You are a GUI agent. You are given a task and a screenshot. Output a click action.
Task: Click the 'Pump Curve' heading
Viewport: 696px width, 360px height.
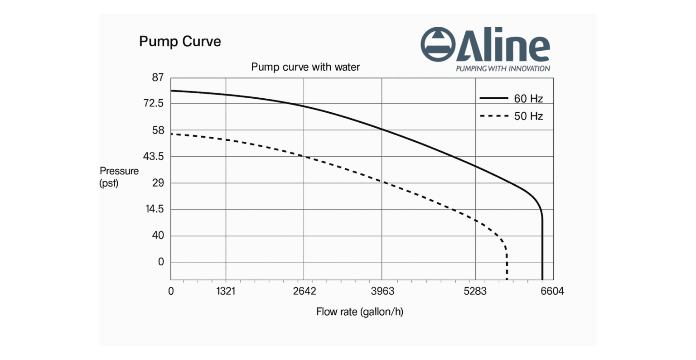tap(180, 42)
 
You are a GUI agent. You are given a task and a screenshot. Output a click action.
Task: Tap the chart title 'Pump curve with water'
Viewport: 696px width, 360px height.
tap(305, 67)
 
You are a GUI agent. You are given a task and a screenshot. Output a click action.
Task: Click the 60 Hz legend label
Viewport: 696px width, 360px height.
tap(528, 99)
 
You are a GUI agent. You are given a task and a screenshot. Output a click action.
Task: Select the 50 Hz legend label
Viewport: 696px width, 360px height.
tap(528, 116)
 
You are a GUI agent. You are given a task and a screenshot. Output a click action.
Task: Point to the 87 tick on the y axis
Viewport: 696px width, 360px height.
tap(157, 77)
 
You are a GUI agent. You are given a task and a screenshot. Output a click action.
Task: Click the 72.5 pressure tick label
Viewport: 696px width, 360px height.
tap(154, 104)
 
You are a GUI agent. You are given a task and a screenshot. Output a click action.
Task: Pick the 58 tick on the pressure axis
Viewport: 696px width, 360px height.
tap(157, 130)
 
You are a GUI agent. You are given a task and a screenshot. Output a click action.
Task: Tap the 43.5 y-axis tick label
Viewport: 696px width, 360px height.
tap(154, 157)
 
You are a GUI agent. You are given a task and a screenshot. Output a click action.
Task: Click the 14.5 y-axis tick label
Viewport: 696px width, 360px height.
tap(154, 210)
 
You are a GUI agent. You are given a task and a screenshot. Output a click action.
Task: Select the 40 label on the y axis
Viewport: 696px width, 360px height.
tap(157, 236)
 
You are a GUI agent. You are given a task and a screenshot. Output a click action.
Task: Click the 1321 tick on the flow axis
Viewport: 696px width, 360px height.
tap(225, 291)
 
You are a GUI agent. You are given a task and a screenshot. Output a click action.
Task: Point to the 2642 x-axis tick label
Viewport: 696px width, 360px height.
tap(304, 291)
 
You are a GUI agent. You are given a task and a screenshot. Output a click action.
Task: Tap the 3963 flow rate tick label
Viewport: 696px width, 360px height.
tap(382, 291)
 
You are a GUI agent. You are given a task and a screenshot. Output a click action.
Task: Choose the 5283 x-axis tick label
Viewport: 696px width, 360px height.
tap(475, 291)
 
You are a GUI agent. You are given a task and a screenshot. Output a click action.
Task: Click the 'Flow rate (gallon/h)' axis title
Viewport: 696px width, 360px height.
tap(359, 312)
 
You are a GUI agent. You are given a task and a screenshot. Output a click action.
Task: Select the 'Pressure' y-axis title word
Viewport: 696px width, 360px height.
tap(119, 171)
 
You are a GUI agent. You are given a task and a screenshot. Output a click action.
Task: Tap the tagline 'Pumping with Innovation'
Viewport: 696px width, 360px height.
tap(503, 69)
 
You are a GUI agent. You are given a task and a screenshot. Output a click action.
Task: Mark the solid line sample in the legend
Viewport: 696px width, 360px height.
tap(493, 98)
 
